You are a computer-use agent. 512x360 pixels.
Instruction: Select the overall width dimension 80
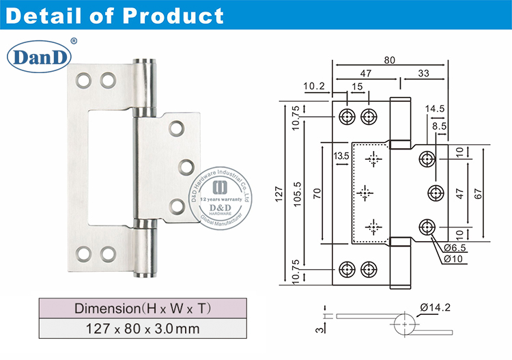(389, 60)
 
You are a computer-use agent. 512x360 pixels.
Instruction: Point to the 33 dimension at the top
(424, 72)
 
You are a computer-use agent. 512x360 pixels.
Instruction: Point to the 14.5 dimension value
(434, 109)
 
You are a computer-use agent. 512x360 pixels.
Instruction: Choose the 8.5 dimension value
(438, 126)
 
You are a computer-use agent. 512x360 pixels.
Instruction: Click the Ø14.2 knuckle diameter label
(435, 308)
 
